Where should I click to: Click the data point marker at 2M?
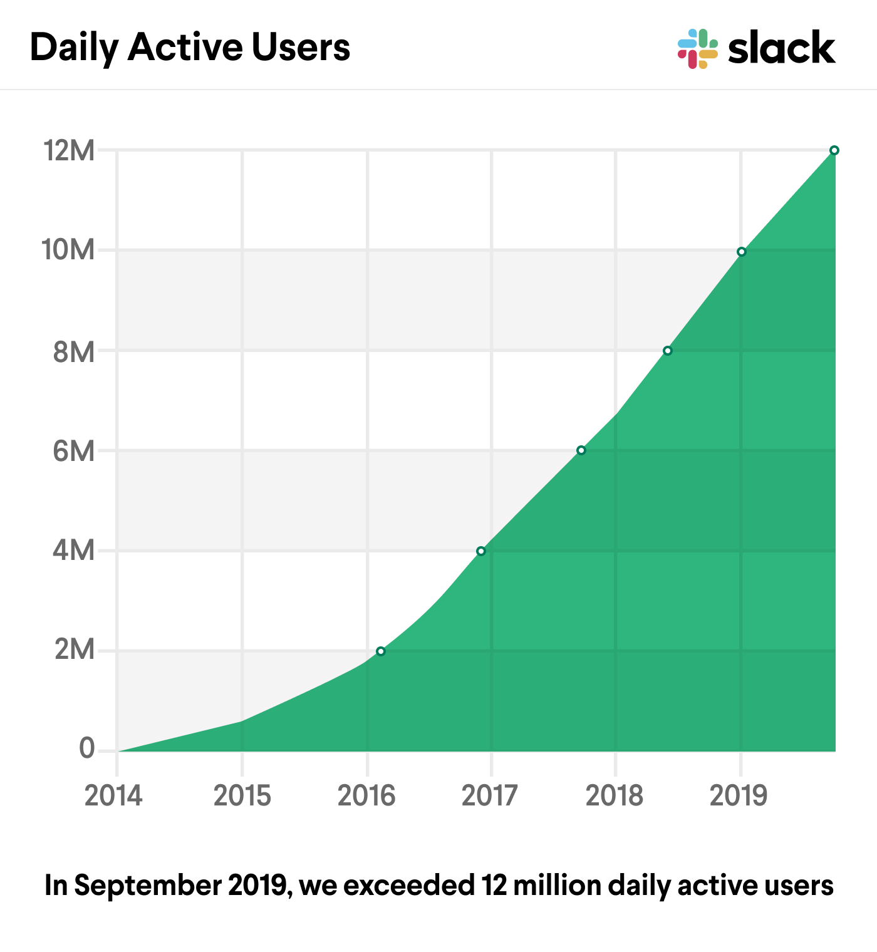(380, 651)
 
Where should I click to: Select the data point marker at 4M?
(480, 551)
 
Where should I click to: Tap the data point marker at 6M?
(581, 450)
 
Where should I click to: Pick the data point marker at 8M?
(667, 351)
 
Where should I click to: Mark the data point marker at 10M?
(741, 252)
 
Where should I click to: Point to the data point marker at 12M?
(834, 150)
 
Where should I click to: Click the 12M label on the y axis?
(68, 150)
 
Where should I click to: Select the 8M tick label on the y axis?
(73, 352)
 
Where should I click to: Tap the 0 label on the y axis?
(86, 748)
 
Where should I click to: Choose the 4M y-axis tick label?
(73, 551)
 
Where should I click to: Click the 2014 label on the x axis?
(113, 796)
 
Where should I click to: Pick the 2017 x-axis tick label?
(489, 796)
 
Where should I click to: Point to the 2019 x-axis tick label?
(738, 796)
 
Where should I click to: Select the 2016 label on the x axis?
(366, 796)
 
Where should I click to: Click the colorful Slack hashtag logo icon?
(697, 49)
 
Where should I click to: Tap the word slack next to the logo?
(781, 49)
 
